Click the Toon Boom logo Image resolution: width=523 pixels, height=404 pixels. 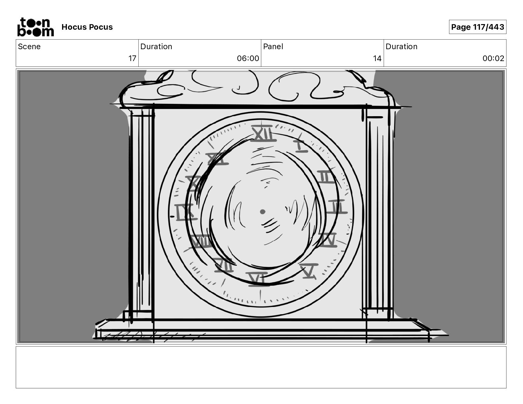point(35,27)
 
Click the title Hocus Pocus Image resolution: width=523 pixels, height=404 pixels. point(87,27)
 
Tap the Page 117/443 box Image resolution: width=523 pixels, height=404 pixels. point(477,27)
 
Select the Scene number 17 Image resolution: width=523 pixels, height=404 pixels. point(132,58)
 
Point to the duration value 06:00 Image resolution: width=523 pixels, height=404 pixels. point(248,58)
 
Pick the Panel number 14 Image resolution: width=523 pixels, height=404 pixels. point(377,58)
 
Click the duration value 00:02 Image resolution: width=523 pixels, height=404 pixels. point(493,58)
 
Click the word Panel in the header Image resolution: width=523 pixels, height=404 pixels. point(273,47)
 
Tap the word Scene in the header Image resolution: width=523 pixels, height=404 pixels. point(29,47)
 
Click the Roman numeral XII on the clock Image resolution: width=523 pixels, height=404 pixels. point(263,134)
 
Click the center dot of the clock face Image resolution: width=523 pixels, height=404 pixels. point(262,212)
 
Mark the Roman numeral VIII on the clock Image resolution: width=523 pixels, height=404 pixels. point(201,242)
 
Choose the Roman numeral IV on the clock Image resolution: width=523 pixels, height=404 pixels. point(328,240)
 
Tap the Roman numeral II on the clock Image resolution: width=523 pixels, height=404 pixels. point(326,177)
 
